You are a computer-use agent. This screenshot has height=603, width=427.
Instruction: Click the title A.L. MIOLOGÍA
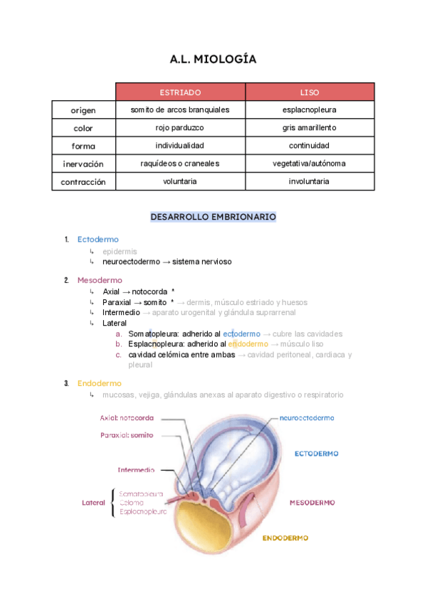click(213, 60)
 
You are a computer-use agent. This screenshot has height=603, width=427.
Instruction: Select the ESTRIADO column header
click(180, 92)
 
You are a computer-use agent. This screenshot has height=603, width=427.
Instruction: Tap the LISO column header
click(310, 92)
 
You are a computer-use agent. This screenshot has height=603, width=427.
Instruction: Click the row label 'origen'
click(83, 110)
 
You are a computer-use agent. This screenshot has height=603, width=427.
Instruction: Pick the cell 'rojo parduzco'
click(180, 128)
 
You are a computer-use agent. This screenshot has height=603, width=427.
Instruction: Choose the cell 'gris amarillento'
click(310, 128)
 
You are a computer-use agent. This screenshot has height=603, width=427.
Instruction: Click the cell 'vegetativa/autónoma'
click(310, 164)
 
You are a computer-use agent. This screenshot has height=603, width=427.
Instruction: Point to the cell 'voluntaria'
click(180, 181)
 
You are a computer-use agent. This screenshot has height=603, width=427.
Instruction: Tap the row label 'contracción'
click(83, 182)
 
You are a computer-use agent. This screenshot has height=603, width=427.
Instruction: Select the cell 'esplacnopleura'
click(310, 110)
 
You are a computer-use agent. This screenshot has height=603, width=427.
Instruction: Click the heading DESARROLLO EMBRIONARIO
click(213, 217)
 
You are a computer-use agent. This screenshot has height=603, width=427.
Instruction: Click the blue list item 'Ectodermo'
click(98, 240)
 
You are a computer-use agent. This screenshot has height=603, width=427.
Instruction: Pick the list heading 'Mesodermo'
click(100, 280)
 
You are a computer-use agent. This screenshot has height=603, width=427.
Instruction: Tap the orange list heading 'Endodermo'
click(99, 383)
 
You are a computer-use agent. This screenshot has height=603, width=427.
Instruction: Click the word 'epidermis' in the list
click(120, 252)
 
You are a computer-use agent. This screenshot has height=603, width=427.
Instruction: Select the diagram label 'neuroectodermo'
click(307, 418)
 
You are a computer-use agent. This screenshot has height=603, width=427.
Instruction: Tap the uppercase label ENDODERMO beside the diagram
click(285, 538)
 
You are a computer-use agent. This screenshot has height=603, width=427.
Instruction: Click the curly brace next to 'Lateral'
click(112, 503)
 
